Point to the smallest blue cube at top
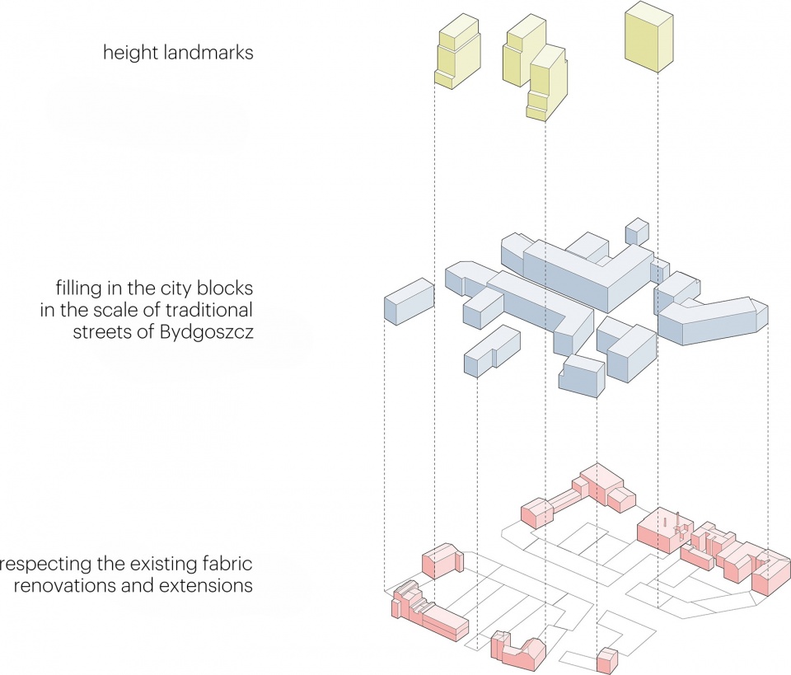(637, 232)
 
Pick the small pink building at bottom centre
(606, 659)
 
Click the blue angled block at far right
(713, 321)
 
